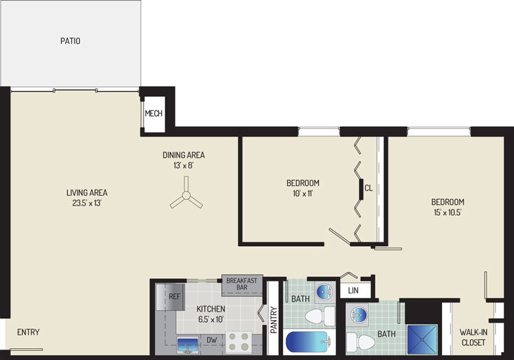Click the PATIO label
coord(70,41)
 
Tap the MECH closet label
coord(154,113)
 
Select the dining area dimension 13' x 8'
coord(184,166)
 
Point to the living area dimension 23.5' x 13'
coord(86,203)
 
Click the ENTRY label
coord(28,332)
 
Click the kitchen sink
coord(188,345)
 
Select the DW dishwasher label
coord(211,340)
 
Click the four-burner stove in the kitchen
coord(239,342)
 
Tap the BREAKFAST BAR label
coord(242,284)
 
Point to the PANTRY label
coord(274,320)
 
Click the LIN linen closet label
coord(353,291)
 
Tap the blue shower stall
coord(422,340)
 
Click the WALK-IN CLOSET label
coord(473,337)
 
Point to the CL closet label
coord(368,189)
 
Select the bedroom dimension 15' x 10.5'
coord(447,212)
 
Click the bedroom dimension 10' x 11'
coord(303,194)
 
